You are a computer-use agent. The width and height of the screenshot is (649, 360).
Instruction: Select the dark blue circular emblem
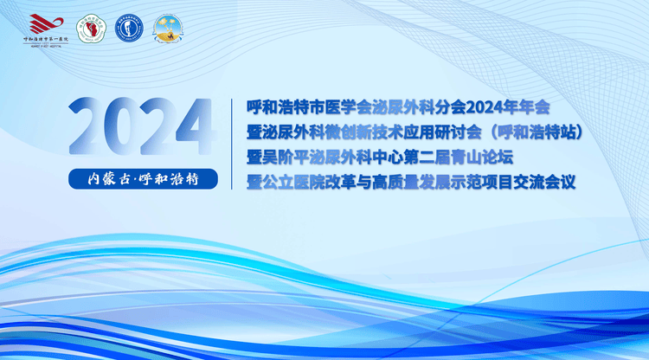[128, 29]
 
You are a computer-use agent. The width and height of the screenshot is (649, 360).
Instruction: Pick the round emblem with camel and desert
[166, 29]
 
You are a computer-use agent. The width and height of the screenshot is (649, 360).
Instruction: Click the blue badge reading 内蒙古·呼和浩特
[142, 179]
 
